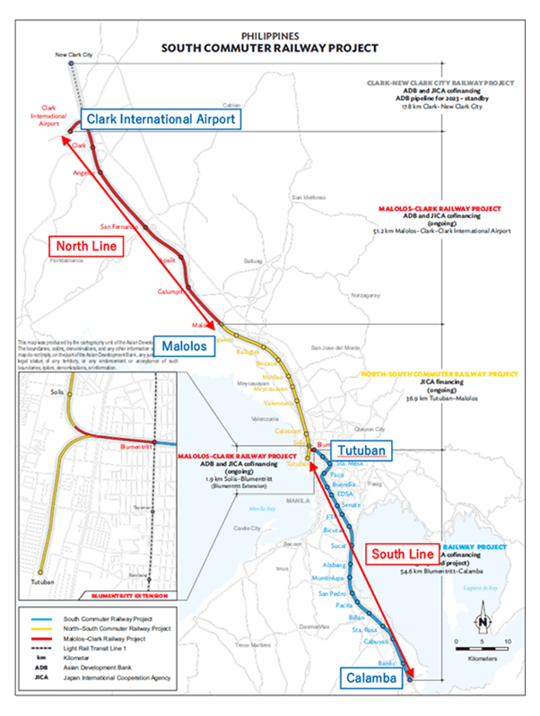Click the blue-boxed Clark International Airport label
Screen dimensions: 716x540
(x=161, y=119)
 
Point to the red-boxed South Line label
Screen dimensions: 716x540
(x=401, y=554)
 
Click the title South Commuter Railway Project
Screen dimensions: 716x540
(x=269, y=47)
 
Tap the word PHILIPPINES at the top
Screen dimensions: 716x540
(x=269, y=33)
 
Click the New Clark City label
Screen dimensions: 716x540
(x=74, y=56)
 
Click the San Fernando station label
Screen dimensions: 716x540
(x=118, y=226)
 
